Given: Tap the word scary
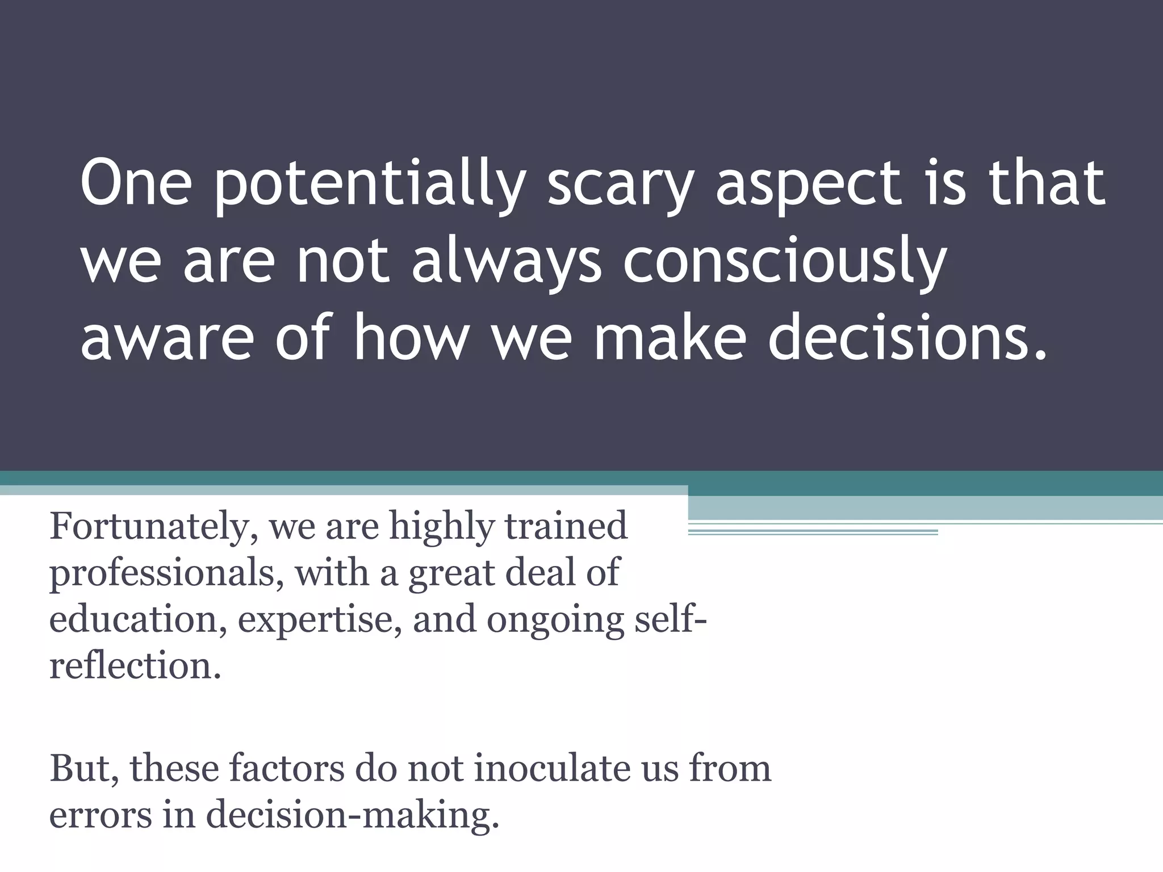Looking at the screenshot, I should coord(619,185).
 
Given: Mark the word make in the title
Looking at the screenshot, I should coord(670,339).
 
